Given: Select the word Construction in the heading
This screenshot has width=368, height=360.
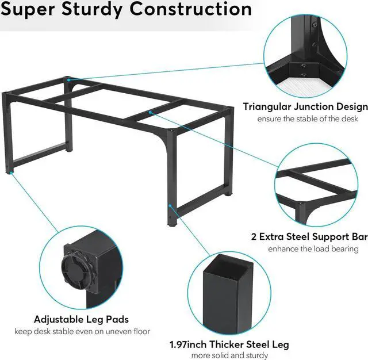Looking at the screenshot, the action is click(191, 9).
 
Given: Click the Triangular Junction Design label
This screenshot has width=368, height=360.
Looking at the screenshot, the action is click(305, 106).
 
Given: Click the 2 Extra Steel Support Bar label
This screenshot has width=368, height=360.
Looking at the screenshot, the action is click(309, 237).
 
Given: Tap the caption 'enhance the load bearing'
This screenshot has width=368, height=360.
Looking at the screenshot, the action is click(313, 249).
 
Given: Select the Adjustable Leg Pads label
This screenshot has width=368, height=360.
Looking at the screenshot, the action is click(81, 319).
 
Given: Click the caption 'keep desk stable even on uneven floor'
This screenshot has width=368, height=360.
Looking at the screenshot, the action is click(82, 331).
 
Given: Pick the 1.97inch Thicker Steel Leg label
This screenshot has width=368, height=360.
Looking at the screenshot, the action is click(229, 344).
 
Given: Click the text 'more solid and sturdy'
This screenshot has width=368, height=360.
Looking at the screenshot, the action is click(229, 356).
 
